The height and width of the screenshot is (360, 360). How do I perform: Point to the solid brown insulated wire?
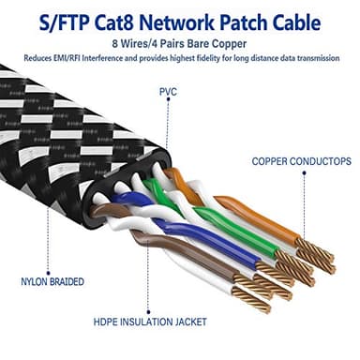(x=187, y=267)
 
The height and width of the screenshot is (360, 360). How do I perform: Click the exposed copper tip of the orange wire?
(x=313, y=249)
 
